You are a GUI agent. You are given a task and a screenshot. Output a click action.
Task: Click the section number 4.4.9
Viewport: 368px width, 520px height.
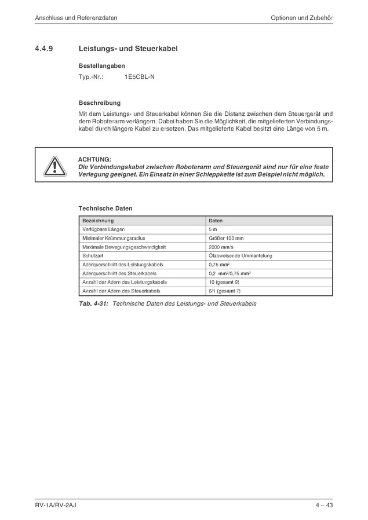(x=45, y=49)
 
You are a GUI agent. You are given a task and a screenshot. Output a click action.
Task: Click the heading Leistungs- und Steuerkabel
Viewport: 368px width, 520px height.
(x=128, y=49)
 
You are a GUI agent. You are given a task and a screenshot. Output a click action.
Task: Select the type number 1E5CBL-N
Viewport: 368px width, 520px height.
(x=140, y=76)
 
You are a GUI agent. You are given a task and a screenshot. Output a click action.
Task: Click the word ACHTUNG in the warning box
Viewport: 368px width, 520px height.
(x=94, y=159)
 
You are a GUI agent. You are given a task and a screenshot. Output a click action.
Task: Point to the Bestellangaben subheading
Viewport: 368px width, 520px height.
(x=102, y=65)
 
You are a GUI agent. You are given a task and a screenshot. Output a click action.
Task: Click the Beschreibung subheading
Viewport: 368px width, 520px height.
(x=100, y=102)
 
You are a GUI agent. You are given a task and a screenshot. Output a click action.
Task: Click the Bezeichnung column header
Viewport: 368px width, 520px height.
(x=99, y=221)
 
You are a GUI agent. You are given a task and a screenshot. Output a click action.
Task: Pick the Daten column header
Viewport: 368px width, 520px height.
(x=216, y=221)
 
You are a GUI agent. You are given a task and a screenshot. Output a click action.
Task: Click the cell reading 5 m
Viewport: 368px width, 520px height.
(x=213, y=229)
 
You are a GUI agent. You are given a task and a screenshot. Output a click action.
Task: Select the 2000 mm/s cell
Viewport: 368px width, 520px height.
(x=221, y=247)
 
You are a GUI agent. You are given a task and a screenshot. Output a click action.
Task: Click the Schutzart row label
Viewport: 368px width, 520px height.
(x=93, y=255)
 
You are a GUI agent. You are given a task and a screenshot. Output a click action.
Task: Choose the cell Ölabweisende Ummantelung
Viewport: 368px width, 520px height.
(x=240, y=255)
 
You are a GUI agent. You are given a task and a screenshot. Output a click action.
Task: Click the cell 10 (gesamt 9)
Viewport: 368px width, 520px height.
(x=224, y=281)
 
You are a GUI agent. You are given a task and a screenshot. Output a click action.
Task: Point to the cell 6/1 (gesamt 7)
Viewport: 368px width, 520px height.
(x=224, y=290)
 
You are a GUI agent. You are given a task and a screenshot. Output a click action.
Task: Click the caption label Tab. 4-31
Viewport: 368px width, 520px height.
(x=94, y=303)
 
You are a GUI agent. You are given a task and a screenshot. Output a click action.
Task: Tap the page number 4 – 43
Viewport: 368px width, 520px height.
(x=324, y=506)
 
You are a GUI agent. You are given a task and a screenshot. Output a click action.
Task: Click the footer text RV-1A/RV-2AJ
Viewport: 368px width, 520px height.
(x=56, y=506)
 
